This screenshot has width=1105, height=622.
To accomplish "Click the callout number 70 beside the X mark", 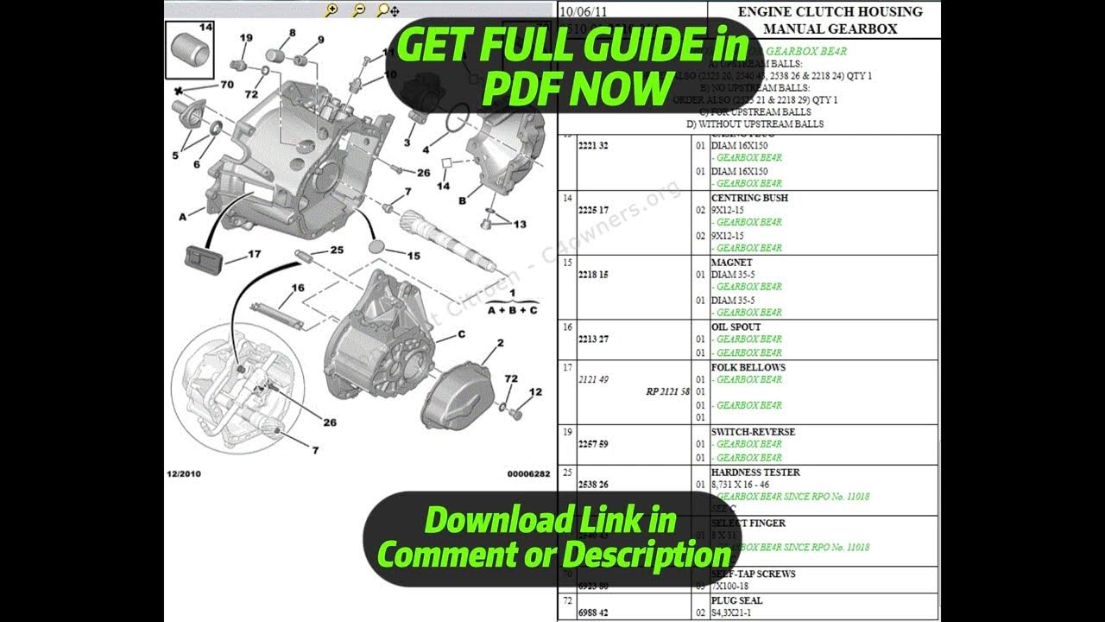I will tap(227, 85).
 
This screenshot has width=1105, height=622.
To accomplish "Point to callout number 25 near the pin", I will tap(337, 250).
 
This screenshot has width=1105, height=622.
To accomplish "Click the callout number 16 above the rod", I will tap(298, 288).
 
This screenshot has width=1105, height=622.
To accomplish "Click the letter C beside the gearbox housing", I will tap(461, 334).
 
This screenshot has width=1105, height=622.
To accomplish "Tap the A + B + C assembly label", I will tap(512, 309).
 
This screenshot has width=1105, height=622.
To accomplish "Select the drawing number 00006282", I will tap(528, 473).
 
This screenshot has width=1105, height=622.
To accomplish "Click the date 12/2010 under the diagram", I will tap(184, 473).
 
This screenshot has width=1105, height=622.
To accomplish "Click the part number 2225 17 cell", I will tap(593, 210).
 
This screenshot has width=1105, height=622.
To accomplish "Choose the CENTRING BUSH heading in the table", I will tap(749, 198).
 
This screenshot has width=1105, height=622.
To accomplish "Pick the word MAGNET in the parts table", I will tap(731, 262).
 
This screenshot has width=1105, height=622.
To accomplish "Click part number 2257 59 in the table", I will tap(593, 444).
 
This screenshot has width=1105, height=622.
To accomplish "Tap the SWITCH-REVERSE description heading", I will tap(753, 432).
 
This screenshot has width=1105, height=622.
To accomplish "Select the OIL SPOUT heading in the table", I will tap(736, 327).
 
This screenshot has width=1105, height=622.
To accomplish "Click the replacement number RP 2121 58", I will tap(667, 391).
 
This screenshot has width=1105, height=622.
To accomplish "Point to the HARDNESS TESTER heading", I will tap(755, 473).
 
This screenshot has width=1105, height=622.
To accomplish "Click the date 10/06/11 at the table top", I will tap(584, 11).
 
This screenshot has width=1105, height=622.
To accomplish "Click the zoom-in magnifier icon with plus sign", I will tap(331, 10).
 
